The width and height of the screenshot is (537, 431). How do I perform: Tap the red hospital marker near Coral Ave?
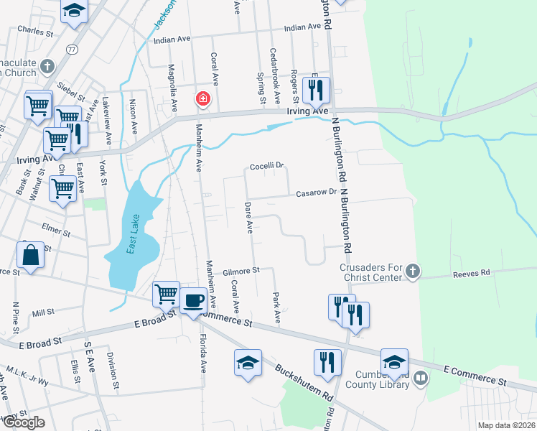pos(203,98)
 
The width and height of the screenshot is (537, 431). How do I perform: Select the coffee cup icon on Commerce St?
pos(193,300)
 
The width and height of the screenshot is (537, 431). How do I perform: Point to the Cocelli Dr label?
pos(267,166)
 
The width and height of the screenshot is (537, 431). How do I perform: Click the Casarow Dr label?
pos(317,192)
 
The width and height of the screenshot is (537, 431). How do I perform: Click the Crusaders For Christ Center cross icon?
pos(413,271)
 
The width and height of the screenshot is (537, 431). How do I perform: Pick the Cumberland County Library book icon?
pos(421,376)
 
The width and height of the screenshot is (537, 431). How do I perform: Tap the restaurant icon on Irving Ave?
pos(315,89)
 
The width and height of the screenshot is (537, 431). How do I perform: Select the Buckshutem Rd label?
pos(304,381)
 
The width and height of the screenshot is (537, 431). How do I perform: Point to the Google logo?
pos(24,422)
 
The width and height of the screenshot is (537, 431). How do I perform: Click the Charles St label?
pos(36,32)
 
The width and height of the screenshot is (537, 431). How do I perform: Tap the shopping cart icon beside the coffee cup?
pos(166,293)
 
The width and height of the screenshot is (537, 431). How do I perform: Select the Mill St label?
pos(43,312)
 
